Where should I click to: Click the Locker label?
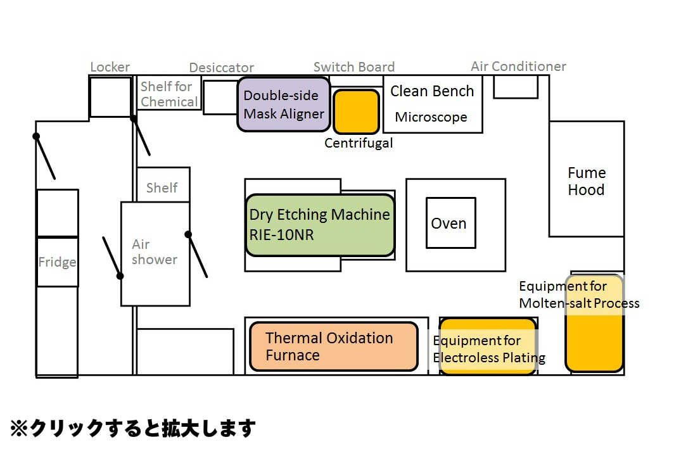tap(110, 67)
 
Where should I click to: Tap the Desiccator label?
tap(221, 68)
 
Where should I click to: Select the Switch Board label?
tap(353, 67)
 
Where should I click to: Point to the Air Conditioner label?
tap(518, 66)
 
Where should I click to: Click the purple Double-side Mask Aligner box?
tap(284, 104)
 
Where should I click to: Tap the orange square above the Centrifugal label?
tap(357, 111)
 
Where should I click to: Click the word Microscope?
tap(431, 117)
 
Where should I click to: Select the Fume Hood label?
tap(587, 181)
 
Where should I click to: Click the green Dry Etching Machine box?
tap(321, 225)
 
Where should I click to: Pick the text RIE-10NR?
tap(281, 234)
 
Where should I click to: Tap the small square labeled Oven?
tap(451, 222)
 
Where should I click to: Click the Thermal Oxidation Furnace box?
tap(334, 346)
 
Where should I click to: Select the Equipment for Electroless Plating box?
tap(488, 346)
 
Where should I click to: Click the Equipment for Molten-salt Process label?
tap(579, 294)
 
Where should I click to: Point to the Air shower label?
tap(155, 252)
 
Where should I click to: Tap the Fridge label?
tap(57, 262)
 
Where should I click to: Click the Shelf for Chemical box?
tap(169, 93)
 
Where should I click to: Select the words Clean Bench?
tap(432, 91)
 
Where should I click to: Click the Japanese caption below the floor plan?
tap(133, 428)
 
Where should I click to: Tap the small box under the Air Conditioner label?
tap(516, 87)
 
